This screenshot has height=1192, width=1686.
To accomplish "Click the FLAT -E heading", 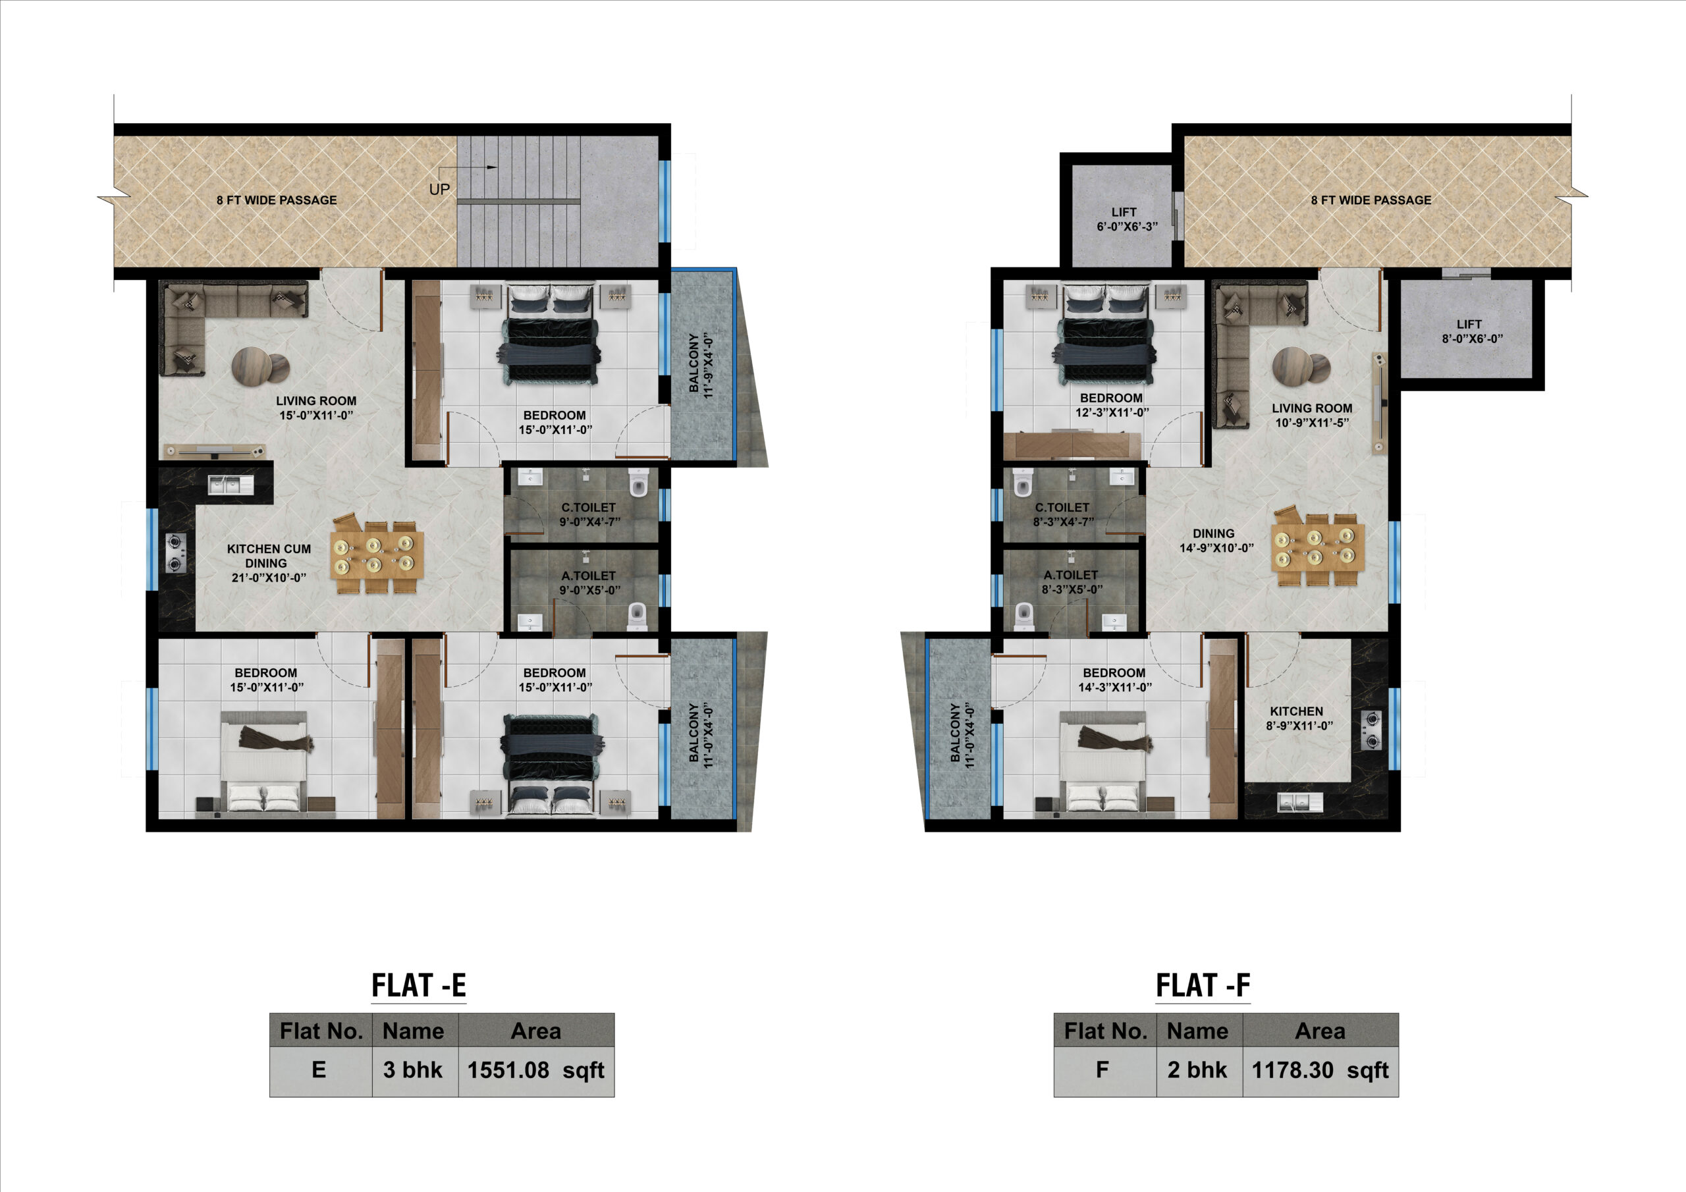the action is point(419,985).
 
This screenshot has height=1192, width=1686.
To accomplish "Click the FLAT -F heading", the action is point(1203,985).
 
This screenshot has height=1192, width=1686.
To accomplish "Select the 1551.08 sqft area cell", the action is point(536,1071).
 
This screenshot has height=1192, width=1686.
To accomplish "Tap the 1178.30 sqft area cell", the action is point(1320,1071).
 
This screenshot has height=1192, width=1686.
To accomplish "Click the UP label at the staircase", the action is point(439,190).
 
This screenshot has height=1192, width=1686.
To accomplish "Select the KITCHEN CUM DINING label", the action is point(268,562).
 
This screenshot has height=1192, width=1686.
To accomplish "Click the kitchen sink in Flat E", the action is point(231,485).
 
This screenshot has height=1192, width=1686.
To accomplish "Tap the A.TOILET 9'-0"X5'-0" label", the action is point(589,583).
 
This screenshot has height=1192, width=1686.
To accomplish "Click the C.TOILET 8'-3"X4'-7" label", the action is point(1062,514).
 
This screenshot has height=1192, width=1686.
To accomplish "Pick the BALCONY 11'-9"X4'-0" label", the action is point(701,366).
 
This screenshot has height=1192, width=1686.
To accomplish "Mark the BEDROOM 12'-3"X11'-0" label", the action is point(1112,404).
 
